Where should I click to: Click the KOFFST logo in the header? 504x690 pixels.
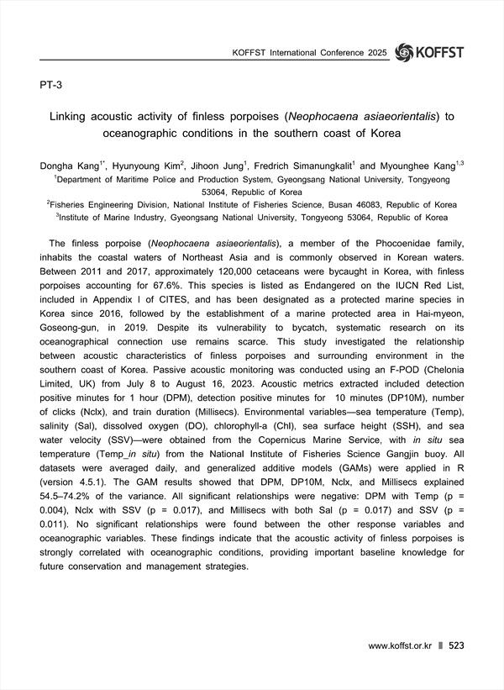[428, 52]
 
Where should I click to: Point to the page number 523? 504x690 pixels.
[457, 645]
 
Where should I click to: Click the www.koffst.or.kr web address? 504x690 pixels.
[400, 645]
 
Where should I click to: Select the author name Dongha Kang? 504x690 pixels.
[69, 166]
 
